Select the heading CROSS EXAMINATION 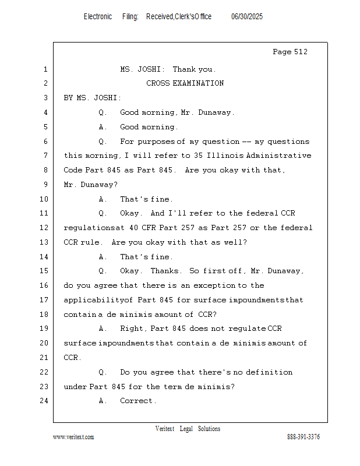click(185, 83)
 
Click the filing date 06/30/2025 click(247, 17)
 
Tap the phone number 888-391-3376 click(303, 437)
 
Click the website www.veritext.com click(73, 437)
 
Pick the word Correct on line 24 click(137, 401)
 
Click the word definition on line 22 click(269, 372)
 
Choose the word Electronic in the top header click(98, 17)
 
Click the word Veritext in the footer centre click(165, 429)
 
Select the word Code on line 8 click(73, 170)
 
